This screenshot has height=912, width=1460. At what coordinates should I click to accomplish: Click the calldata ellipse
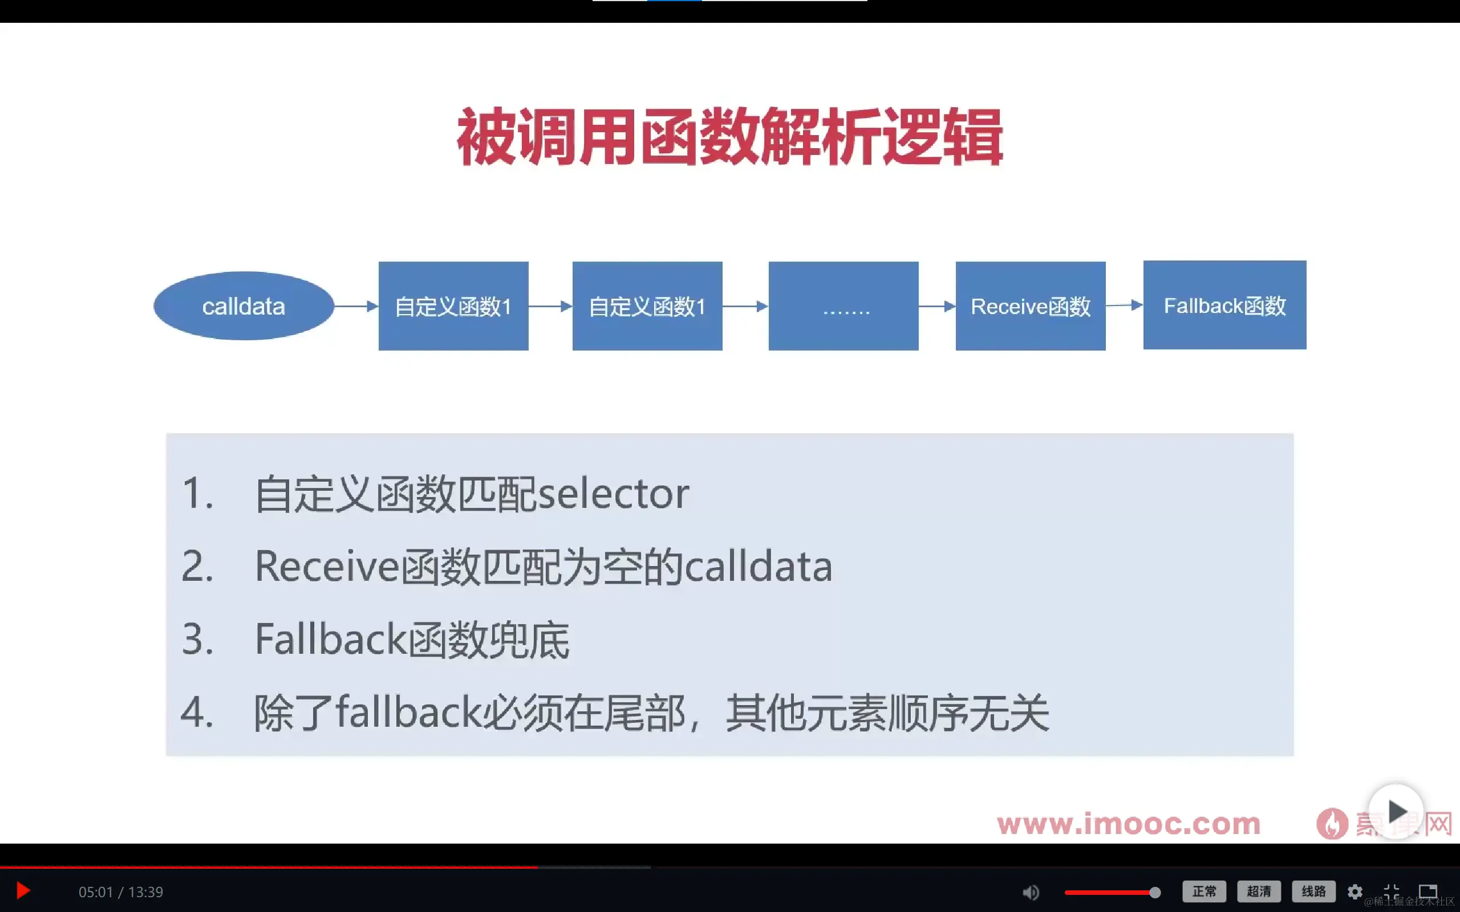pos(244,306)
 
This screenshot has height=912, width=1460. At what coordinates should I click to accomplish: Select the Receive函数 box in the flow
pos(1031,306)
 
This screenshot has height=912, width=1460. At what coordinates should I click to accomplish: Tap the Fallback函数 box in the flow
pos(1224,305)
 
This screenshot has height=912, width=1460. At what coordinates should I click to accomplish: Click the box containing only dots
pos(843,306)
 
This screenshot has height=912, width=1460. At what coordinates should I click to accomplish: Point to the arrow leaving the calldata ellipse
pos(356,307)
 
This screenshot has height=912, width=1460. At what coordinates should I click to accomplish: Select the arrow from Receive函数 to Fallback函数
pos(1124,305)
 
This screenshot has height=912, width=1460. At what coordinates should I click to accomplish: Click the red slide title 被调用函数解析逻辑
pos(730,137)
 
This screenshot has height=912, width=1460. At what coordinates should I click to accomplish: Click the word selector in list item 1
pos(613,494)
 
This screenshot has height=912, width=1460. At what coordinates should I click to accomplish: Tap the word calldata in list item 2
pos(759,567)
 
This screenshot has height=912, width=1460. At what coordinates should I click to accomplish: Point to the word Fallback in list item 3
pos(331,640)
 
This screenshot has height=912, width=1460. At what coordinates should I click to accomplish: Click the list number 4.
pos(197,713)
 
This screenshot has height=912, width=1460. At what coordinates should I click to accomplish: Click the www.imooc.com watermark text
pos(1128,824)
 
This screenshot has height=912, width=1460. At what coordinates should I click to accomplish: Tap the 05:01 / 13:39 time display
pos(121,891)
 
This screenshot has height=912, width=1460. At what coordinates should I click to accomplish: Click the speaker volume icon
pos(1031,891)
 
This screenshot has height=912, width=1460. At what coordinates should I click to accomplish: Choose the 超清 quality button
pos(1259,891)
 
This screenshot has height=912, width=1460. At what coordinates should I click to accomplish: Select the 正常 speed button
pos(1204,891)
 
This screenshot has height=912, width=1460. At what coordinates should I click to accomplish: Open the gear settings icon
pos(1355,891)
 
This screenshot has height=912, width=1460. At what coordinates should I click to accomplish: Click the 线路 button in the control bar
pos(1313,891)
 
